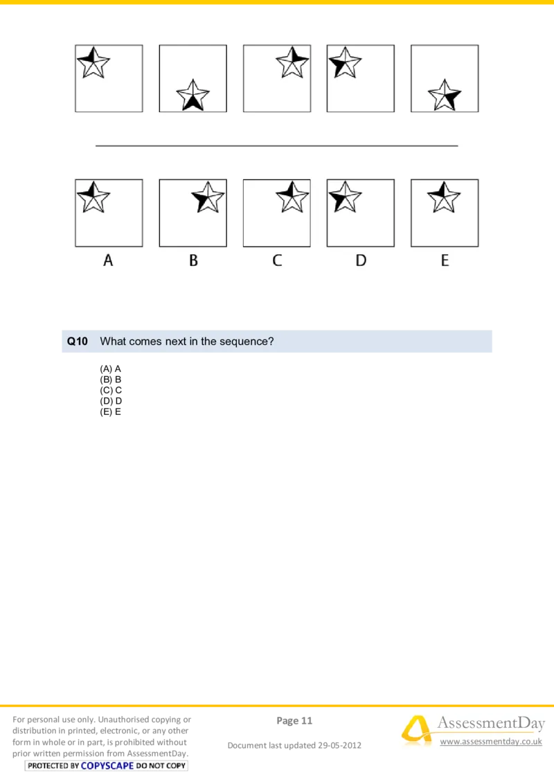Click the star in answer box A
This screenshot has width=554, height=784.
click(93, 197)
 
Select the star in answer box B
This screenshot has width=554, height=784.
click(208, 197)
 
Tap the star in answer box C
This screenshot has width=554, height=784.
click(292, 197)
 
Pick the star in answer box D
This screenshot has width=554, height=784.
click(345, 197)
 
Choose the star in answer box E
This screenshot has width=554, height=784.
click(443, 197)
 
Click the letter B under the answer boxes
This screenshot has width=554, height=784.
click(193, 260)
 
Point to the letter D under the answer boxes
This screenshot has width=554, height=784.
click(361, 260)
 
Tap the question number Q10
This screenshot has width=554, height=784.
click(78, 341)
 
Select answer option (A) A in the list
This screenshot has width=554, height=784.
click(111, 369)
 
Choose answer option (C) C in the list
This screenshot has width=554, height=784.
click(111, 390)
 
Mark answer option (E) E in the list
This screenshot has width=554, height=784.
click(111, 412)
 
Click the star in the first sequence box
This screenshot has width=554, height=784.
click(93, 62)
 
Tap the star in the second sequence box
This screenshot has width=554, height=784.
click(193, 95)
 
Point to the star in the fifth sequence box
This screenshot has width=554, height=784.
click(445, 95)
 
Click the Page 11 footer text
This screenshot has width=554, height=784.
click(294, 720)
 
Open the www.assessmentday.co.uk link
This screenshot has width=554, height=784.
click(491, 741)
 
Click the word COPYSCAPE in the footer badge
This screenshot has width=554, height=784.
click(107, 765)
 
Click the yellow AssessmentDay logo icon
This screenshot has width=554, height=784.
click(417, 730)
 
